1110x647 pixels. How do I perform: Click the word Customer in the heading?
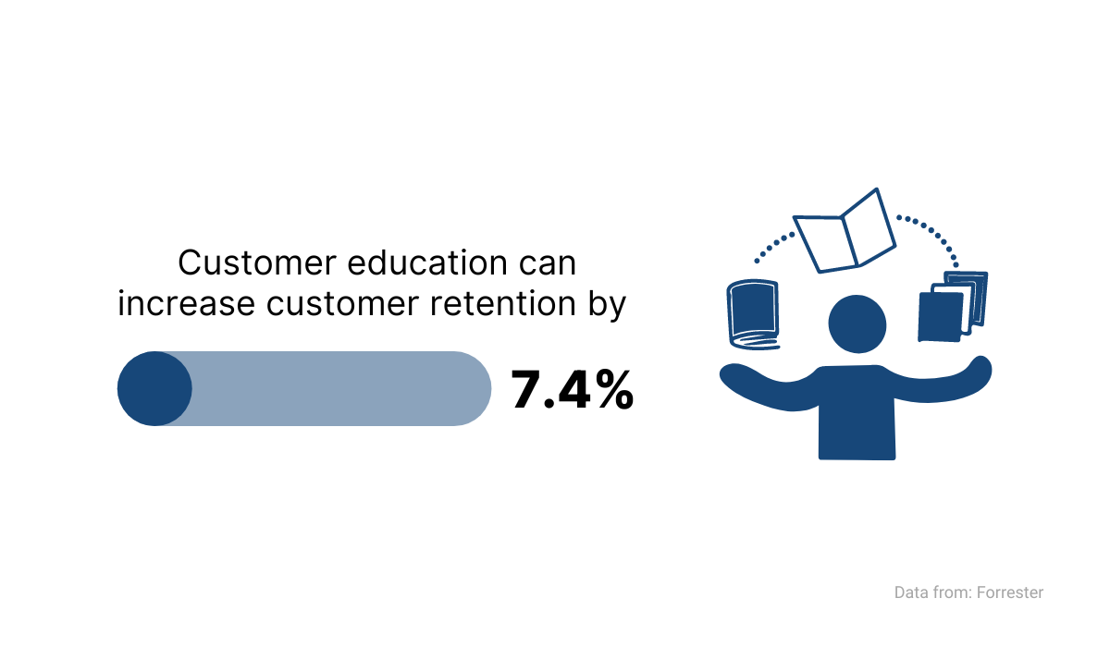click(x=257, y=262)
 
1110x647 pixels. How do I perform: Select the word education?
click(x=427, y=262)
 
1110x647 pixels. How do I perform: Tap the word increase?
click(x=186, y=303)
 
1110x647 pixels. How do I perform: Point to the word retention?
click(x=503, y=303)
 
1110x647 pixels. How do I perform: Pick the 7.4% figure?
click(x=573, y=390)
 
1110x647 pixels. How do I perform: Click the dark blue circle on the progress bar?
click(x=154, y=388)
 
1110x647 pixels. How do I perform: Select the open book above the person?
click(x=845, y=231)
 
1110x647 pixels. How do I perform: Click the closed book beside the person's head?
click(x=753, y=314)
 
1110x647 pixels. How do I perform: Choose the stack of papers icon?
click(x=953, y=307)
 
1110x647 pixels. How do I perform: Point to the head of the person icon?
click(x=857, y=324)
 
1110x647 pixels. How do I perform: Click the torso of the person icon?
click(x=857, y=413)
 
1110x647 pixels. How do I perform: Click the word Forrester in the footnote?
click(x=1010, y=592)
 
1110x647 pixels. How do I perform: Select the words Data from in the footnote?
click(x=933, y=592)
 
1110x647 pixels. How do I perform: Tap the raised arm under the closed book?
click(x=771, y=388)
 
